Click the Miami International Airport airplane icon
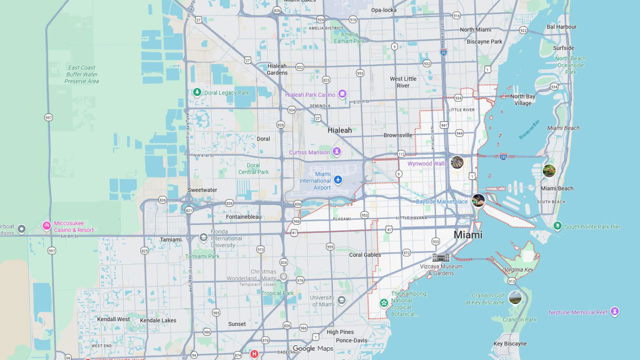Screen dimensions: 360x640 click(338, 180)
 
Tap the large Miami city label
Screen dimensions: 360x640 click(468, 235)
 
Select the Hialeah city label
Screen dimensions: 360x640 click(340, 131)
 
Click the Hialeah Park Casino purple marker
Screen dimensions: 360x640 click(342, 94)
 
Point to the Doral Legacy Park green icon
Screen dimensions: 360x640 click(197, 92)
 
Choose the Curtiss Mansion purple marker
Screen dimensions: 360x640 click(337, 151)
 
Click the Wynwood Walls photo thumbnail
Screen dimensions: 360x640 click(457, 162)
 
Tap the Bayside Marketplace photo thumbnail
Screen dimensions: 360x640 click(478, 200)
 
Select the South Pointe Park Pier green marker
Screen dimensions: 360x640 click(557, 226)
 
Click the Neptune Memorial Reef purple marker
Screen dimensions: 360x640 click(614, 311)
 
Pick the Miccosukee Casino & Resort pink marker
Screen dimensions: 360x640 click(47, 226)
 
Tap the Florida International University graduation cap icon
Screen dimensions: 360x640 click(204, 237)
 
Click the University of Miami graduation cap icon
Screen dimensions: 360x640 click(341, 300)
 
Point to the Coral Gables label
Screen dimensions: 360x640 click(365, 255)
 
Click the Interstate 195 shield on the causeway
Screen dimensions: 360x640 click(503, 157)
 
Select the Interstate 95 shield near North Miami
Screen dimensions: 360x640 click(444, 52)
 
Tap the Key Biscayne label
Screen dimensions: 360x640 click(510, 344)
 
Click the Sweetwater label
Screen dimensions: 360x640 click(202, 190)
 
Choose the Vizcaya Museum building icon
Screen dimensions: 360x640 click(441, 257)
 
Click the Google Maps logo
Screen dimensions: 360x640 click(313, 348)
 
